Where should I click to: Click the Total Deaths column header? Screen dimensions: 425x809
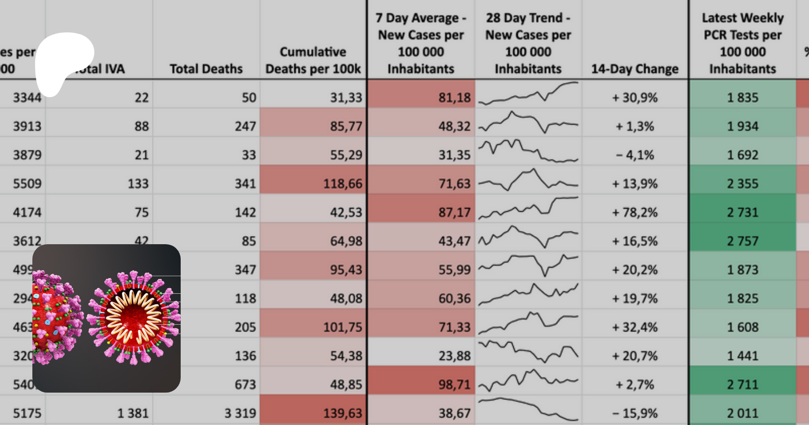206,69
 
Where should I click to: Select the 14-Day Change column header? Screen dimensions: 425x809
635,69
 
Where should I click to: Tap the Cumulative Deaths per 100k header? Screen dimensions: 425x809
313,60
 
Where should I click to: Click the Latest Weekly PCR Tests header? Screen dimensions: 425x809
742,43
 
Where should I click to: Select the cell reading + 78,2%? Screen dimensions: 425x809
635,212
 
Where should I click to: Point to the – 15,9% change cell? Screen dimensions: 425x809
635,413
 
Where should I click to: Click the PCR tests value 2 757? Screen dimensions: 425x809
742,241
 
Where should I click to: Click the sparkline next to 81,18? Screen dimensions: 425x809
528,94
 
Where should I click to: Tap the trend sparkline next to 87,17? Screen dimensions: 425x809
528,208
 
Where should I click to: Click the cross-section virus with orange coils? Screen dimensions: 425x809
133,318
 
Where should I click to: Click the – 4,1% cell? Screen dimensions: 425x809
635,155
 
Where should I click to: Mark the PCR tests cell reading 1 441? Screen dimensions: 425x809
742,356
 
